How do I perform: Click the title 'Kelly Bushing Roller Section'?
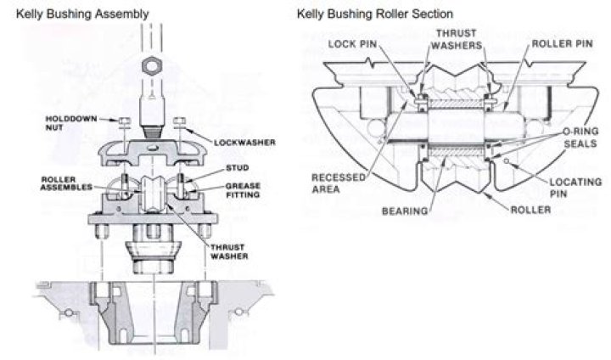pyautogui.click(x=374, y=14)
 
